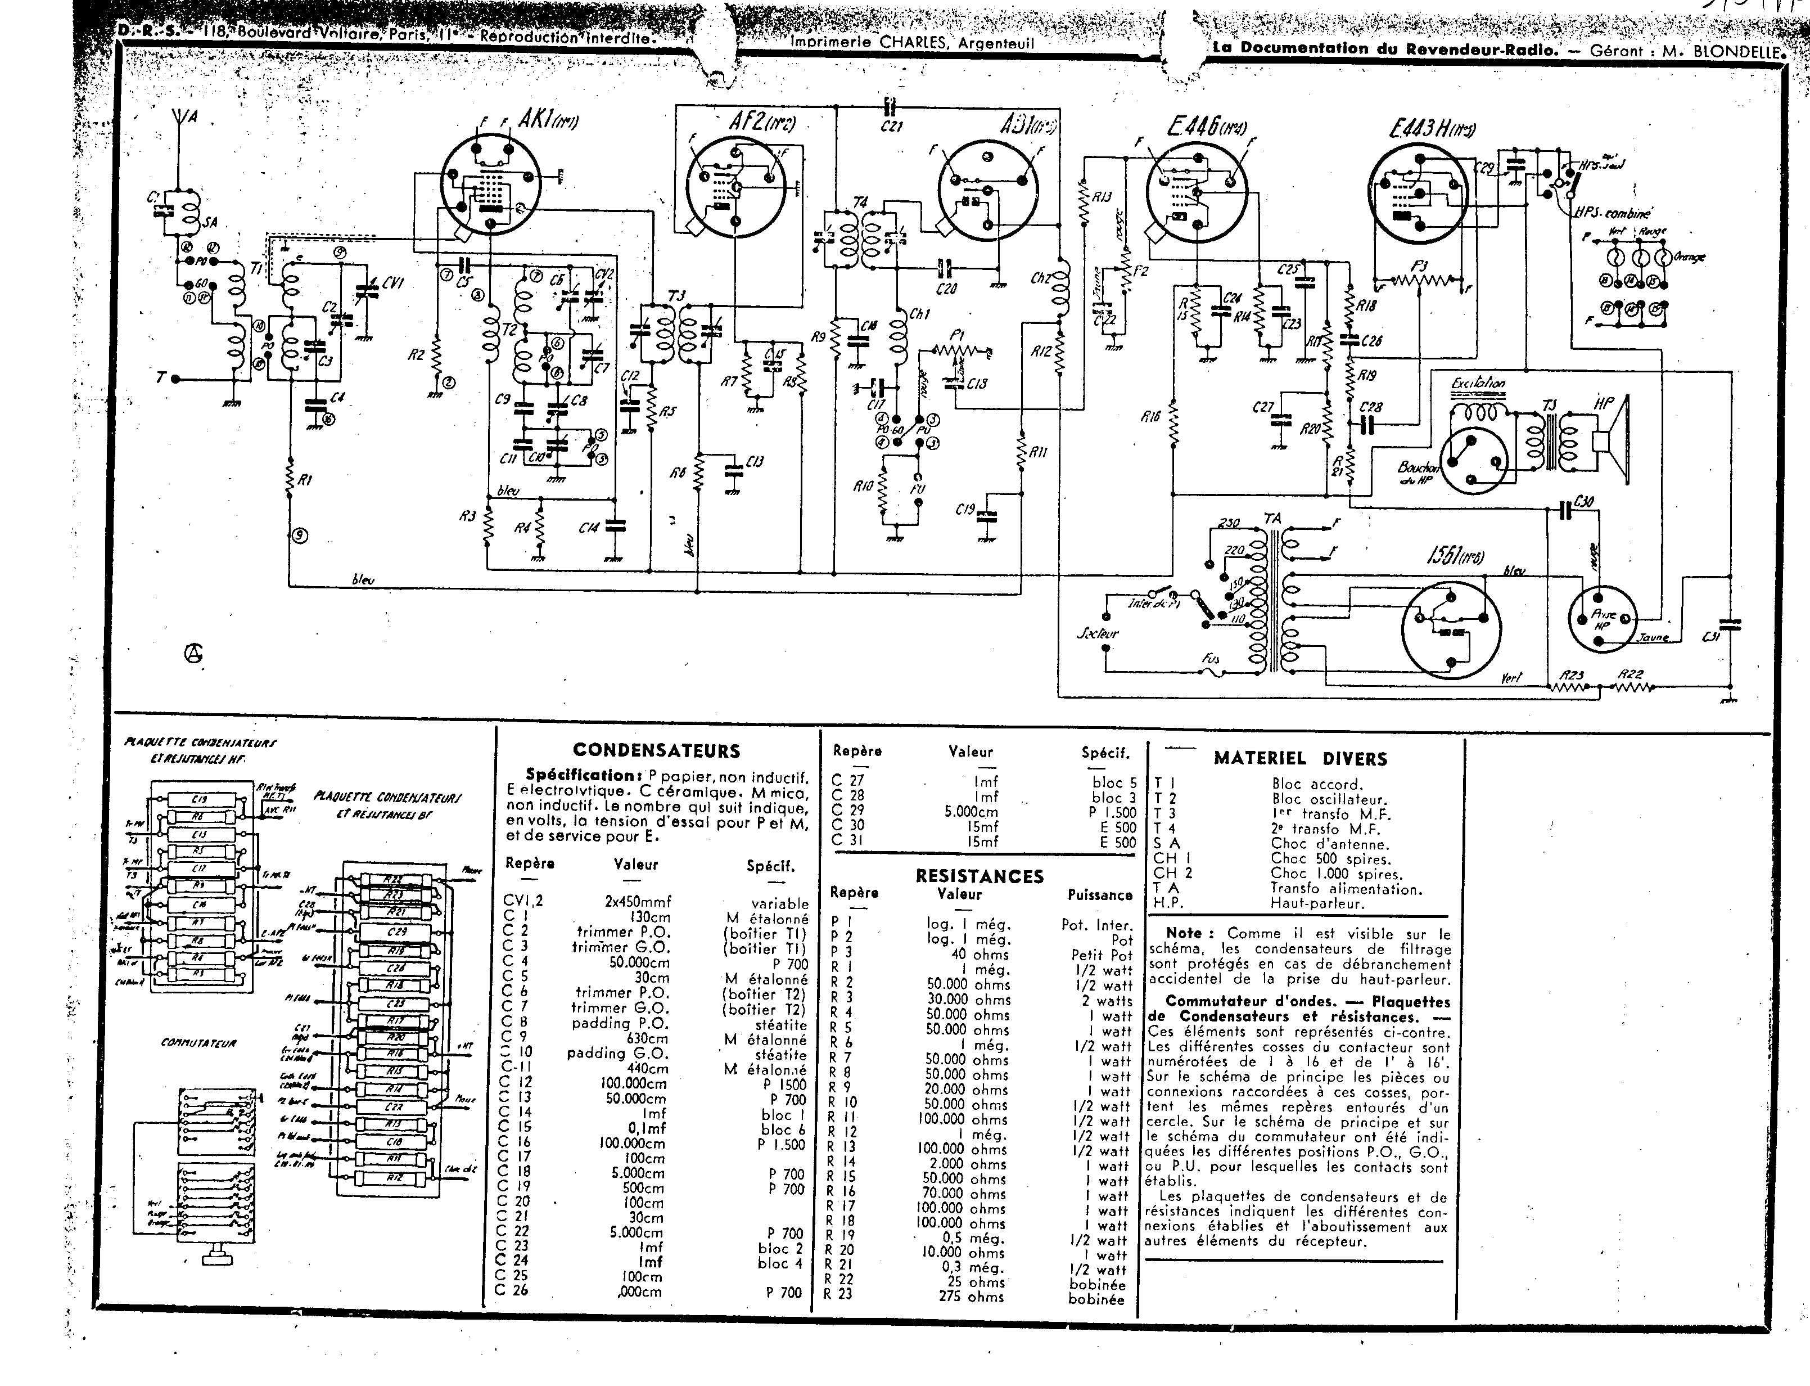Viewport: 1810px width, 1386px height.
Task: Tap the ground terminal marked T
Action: point(161,378)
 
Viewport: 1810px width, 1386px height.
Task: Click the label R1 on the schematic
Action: point(305,480)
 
